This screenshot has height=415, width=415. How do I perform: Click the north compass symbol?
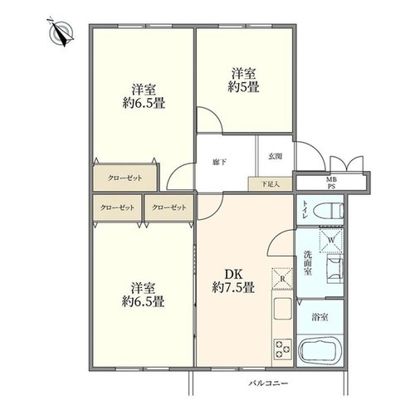pyautogui.click(x=61, y=32)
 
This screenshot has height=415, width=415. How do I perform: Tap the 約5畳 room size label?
pyautogui.click(x=243, y=88)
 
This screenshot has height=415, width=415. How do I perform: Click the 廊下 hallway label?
pyautogui.click(x=220, y=162)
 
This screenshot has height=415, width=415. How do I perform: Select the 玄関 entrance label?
pyautogui.click(x=275, y=156)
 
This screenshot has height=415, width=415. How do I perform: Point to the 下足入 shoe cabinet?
pyautogui.click(x=271, y=184)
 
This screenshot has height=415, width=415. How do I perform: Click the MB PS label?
pyautogui.click(x=331, y=183)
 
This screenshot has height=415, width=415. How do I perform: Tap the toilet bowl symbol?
pyautogui.click(x=329, y=210)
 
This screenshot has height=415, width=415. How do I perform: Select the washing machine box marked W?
pyautogui.click(x=331, y=240)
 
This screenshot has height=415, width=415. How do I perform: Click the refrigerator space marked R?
pyautogui.click(x=282, y=279)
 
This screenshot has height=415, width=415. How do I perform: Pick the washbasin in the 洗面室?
pyautogui.click(x=335, y=269)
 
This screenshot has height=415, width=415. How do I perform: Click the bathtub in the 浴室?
pyautogui.click(x=320, y=351)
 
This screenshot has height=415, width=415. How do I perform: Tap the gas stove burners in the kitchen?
pyautogui.click(x=283, y=349)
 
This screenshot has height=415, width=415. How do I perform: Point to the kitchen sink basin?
pyautogui.click(x=282, y=309)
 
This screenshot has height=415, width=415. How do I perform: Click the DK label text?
pyautogui.click(x=233, y=275)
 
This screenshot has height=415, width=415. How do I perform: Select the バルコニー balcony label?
pyautogui.click(x=268, y=383)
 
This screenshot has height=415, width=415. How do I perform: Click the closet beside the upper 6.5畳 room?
pyautogui.click(x=125, y=178)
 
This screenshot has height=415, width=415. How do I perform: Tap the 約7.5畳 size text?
pyautogui.click(x=233, y=288)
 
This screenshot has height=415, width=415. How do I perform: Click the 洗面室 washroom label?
pyautogui.click(x=307, y=262)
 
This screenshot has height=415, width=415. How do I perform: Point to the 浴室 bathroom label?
pyautogui.click(x=320, y=317)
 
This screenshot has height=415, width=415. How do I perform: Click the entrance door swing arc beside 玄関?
pyautogui.click(x=315, y=151)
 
